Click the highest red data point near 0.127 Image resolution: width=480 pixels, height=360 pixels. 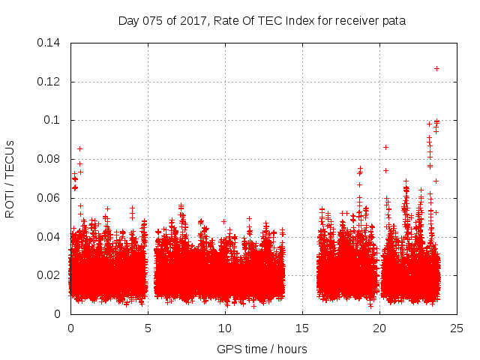[x=436, y=68]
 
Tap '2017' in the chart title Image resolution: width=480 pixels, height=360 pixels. [x=196, y=21]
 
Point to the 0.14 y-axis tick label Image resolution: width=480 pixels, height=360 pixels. [x=49, y=43]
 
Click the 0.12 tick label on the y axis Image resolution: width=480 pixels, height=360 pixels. [x=49, y=82]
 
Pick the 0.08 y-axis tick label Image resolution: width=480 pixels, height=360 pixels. [x=49, y=159]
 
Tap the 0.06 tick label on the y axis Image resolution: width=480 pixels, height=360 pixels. [x=49, y=198]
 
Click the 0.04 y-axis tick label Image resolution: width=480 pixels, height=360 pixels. [x=49, y=237]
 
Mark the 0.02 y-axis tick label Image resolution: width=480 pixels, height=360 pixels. [x=49, y=275]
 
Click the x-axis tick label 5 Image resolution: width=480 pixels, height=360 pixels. [x=148, y=328]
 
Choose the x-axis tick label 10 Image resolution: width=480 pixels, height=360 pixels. [x=225, y=328]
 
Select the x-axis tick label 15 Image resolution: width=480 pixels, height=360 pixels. [x=302, y=328]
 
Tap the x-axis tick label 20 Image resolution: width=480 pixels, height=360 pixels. [x=380, y=328]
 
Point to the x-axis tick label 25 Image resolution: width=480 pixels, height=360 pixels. [x=457, y=328]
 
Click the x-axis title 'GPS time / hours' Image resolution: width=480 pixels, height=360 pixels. [x=262, y=349]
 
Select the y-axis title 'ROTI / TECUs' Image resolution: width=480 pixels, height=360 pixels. [x=10, y=178]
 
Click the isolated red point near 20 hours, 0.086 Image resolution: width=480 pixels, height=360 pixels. [x=385, y=147]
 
